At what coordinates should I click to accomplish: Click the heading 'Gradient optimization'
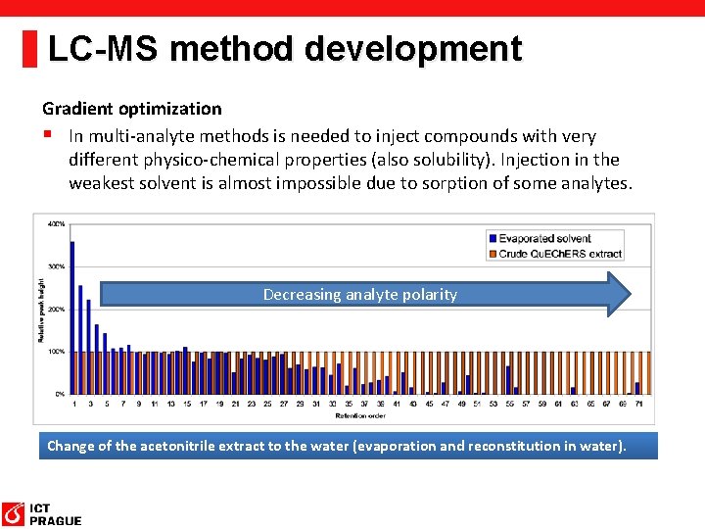click(x=131, y=109)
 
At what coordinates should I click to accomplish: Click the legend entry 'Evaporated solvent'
click(x=544, y=238)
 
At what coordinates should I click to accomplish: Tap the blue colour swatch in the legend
click(x=492, y=238)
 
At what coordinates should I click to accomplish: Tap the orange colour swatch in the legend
click(x=492, y=253)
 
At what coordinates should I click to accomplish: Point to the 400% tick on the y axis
click(x=57, y=224)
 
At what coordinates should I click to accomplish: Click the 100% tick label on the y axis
click(x=57, y=351)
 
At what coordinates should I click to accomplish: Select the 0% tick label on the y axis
click(x=59, y=393)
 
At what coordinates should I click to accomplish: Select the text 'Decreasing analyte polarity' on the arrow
click(x=359, y=295)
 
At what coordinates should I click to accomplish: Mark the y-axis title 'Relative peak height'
click(x=41, y=309)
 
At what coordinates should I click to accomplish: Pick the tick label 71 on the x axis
click(x=638, y=403)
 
